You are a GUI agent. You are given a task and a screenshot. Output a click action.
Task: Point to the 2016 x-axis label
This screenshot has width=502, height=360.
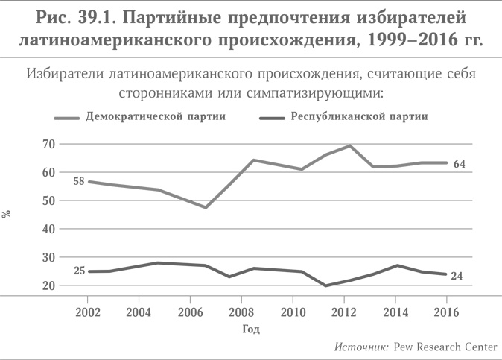click(446, 311)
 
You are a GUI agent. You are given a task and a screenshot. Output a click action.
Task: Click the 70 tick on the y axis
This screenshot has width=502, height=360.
click(48, 144)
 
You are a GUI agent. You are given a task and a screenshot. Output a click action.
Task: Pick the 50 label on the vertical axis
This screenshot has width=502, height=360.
click(48, 200)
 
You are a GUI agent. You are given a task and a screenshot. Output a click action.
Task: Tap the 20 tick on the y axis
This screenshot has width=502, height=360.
click(48, 285)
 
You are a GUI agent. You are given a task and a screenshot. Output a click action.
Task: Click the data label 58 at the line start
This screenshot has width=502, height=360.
click(78, 181)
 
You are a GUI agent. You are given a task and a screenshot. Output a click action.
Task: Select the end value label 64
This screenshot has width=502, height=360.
click(460, 164)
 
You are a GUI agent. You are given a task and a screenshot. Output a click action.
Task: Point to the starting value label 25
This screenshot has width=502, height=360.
click(79, 271)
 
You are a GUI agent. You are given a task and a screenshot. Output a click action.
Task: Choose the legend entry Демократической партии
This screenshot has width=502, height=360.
click(156, 116)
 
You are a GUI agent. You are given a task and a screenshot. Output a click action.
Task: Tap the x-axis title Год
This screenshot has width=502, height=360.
click(251, 328)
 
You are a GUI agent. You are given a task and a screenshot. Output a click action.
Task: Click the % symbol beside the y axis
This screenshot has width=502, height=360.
click(7, 214)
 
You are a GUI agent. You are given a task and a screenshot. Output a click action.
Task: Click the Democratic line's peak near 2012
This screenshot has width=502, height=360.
click(349, 145)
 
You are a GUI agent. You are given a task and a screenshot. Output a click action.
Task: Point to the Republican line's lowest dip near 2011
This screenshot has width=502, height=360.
click(325, 285)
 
